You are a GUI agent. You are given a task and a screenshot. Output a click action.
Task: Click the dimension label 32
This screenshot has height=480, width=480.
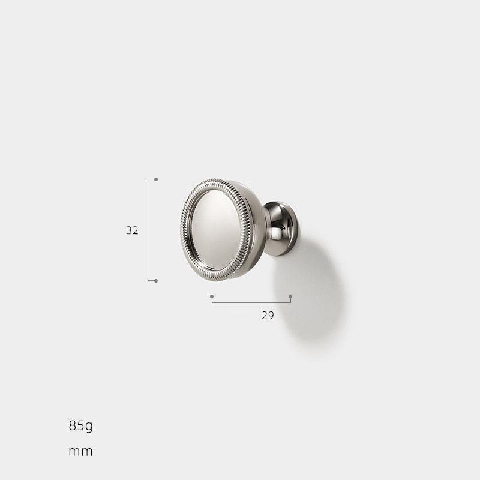133,230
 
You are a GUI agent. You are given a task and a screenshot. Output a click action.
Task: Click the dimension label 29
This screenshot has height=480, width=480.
268,316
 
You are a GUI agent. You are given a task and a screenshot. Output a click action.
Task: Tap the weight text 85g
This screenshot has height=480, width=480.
81,426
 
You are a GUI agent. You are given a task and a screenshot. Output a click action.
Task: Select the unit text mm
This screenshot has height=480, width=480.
81,451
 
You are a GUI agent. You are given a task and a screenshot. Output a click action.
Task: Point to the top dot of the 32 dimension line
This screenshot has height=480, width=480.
156,179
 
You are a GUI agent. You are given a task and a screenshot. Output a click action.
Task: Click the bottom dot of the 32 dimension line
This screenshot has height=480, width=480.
156,280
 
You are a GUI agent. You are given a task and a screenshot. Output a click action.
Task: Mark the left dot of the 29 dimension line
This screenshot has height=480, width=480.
212,296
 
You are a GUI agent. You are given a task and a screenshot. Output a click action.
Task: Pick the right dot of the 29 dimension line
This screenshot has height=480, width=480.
290,296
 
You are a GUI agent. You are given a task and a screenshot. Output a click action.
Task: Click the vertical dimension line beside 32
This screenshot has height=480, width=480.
148,230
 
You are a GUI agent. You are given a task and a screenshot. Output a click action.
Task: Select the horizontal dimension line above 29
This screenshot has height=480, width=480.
251,302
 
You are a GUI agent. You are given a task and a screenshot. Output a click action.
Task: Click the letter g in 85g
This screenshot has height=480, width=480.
89,427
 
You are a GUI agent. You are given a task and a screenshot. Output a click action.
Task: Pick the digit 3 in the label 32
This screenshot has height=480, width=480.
129,230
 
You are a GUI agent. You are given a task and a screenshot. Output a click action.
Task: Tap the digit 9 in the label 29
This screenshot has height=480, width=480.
271,316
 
